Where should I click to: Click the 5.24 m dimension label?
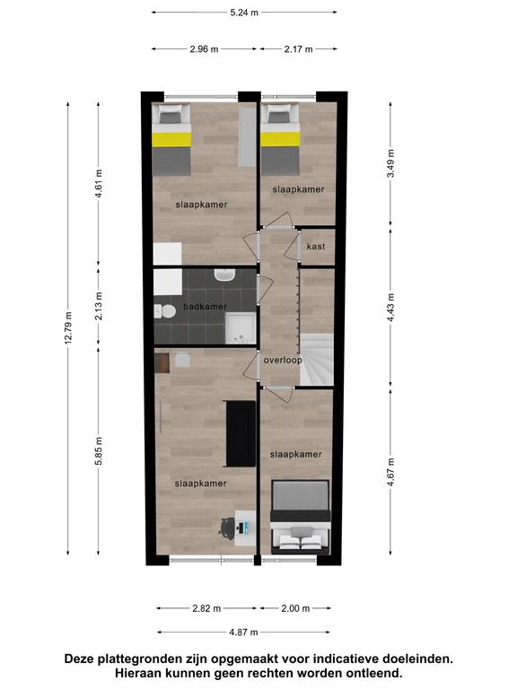pyautogui.click(x=244, y=13)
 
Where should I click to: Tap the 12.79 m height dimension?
pyautogui.click(x=68, y=328)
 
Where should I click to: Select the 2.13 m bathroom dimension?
pyautogui.click(x=99, y=306)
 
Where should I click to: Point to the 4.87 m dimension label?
pyautogui.click(x=243, y=632)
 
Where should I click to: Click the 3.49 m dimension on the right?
pyautogui.click(x=390, y=163)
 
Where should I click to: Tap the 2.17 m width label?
pyautogui.click(x=299, y=49)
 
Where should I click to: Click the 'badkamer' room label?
pyautogui.click(x=205, y=307)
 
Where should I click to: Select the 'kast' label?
pyautogui.click(x=316, y=246)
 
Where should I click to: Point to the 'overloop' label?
pyautogui.click(x=283, y=361)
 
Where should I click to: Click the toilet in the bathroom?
pyautogui.click(x=165, y=311)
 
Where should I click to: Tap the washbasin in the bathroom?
pyautogui.click(x=224, y=275)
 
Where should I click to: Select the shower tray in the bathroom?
pyautogui.click(x=241, y=328)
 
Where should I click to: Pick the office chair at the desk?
pyautogui.click(x=227, y=528)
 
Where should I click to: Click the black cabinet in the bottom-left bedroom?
pyautogui.click(x=240, y=433)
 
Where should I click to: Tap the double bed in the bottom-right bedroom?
pyautogui.click(x=301, y=517)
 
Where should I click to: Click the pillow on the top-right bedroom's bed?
pyautogui.click(x=278, y=118)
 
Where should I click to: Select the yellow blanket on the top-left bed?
pyautogui.click(x=172, y=140)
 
